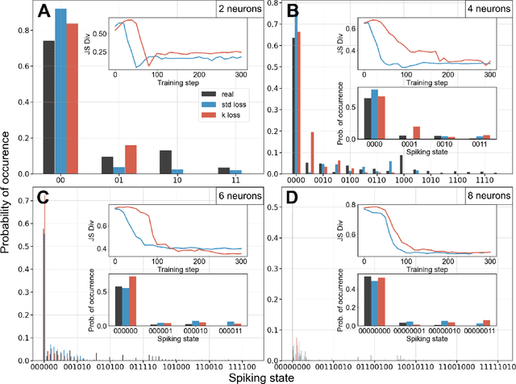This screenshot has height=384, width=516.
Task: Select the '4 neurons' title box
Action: (x=486, y=11)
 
